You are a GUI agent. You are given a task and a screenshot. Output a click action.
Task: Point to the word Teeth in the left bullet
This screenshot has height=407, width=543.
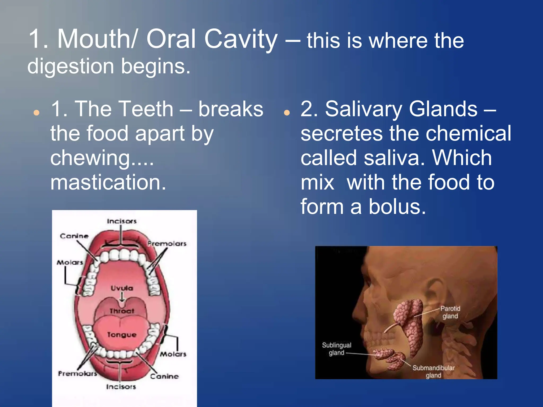[x=124, y=109]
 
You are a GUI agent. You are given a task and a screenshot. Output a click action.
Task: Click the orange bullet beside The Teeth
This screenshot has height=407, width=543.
[x=37, y=113]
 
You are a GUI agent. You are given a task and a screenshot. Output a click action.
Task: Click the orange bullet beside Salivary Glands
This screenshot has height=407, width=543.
[x=287, y=113]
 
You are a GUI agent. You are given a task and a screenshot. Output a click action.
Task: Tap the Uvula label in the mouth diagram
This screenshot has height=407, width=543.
[x=122, y=288]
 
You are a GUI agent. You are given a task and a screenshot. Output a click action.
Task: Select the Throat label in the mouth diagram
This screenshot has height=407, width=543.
[x=122, y=311]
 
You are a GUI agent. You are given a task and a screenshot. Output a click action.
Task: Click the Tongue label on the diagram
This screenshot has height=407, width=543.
[x=122, y=335]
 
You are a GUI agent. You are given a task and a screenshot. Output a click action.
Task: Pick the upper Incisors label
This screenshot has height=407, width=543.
[x=122, y=221]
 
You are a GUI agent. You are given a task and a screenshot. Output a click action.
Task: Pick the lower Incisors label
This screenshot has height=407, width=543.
[x=121, y=387]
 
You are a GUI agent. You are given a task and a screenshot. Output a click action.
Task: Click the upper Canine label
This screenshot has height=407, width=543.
[x=74, y=236]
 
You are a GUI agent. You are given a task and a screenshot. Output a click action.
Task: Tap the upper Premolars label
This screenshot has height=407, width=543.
[x=167, y=244]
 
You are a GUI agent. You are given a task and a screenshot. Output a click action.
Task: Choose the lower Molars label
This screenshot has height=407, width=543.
[x=173, y=354]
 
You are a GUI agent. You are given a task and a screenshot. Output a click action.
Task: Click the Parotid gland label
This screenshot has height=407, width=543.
[x=450, y=312]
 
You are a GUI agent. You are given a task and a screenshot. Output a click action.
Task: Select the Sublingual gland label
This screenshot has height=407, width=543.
[x=336, y=349]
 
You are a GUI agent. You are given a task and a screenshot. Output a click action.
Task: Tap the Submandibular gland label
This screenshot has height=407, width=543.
[x=433, y=371]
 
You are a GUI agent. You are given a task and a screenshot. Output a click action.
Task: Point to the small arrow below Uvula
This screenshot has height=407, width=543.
[x=122, y=297]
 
